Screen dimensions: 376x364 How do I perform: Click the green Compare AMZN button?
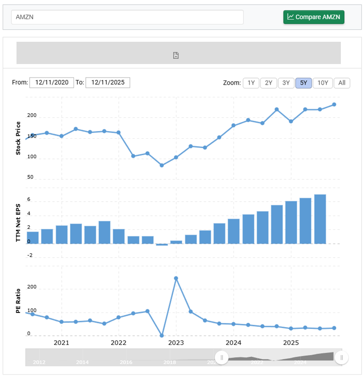click(314, 17)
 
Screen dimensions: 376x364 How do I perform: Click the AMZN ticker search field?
click(127, 17)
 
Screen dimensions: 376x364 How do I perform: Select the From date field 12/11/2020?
click(52, 83)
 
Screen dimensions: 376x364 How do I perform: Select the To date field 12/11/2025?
click(108, 83)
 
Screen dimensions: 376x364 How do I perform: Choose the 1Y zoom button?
click(251, 83)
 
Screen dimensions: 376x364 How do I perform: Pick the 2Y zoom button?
click(268, 83)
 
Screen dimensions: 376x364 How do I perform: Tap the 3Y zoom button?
click(286, 83)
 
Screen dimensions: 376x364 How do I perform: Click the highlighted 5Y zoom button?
click(304, 83)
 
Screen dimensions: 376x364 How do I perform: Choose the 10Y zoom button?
click(323, 83)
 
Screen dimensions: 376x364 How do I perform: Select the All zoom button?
click(342, 83)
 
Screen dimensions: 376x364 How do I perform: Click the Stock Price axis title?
click(18, 138)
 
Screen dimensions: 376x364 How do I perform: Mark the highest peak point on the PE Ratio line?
click(176, 278)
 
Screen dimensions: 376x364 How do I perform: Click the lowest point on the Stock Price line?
click(162, 165)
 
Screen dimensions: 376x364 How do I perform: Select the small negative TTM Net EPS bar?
click(162, 244)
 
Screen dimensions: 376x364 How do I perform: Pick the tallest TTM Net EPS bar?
click(320, 219)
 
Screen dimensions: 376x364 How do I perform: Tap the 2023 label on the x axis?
click(176, 343)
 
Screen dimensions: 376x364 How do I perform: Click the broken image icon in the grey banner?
click(176, 55)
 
